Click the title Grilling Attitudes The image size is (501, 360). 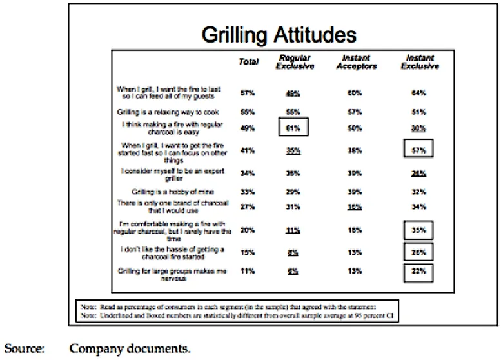[x=279, y=35]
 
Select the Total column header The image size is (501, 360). [x=248, y=62]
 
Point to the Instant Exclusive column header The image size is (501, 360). [x=420, y=62]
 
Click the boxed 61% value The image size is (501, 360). [x=293, y=128]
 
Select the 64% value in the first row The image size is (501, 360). [x=420, y=93]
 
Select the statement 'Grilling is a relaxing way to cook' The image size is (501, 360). [x=172, y=111]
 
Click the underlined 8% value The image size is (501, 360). [x=293, y=253]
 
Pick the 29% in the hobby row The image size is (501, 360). [x=293, y=192]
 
